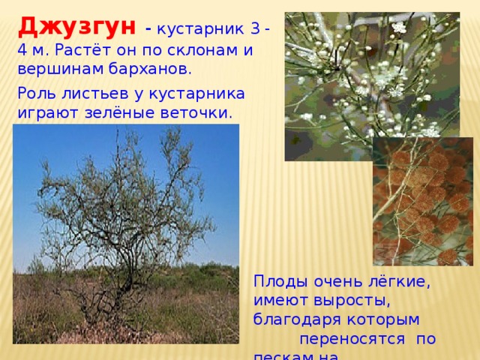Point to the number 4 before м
point(21,50)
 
